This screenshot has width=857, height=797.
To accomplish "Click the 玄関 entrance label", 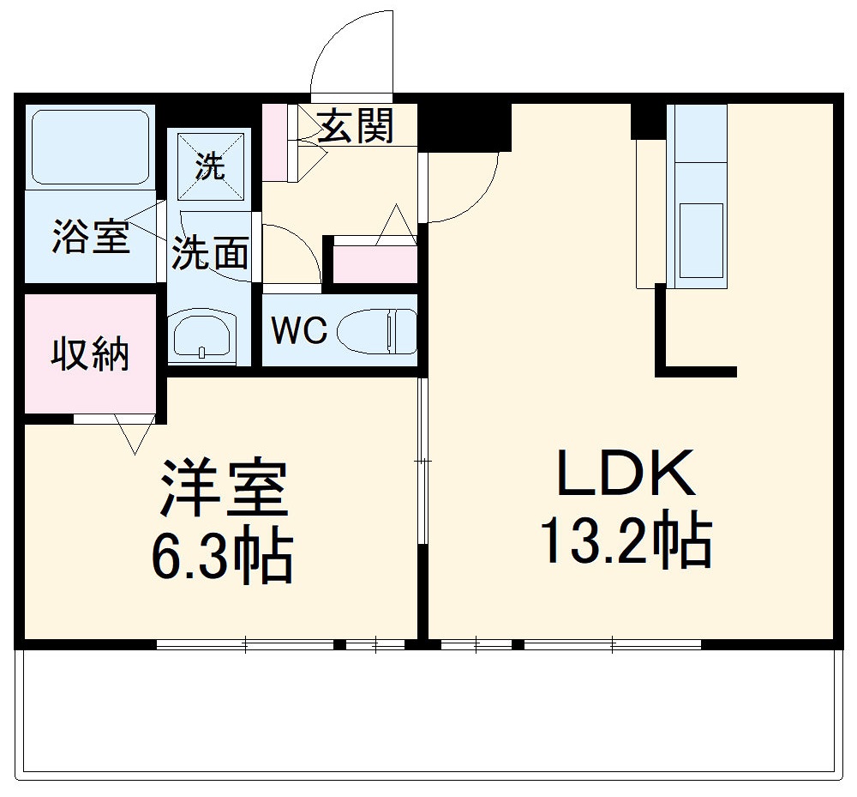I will [357, 126].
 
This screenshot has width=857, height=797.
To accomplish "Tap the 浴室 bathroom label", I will [90, 238].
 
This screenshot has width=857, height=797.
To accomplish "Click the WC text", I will [299, 330].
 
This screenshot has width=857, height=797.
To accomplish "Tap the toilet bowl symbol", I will [377, 331].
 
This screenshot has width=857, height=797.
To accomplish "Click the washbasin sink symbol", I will [202, 335].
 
